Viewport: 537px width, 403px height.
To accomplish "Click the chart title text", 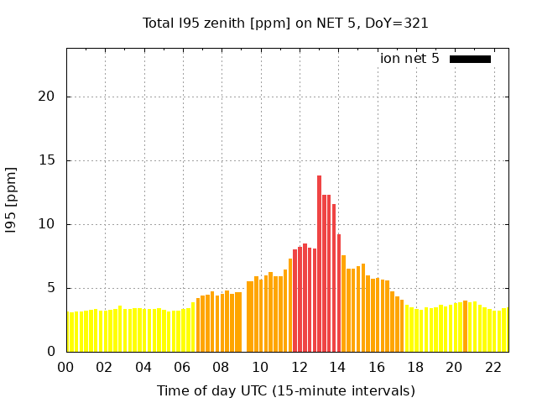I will pos(285,23).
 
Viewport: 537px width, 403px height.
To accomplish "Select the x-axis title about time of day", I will pos(285,390).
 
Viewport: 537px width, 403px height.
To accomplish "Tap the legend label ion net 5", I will pos(409,59).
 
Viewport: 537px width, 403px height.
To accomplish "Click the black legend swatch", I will pos(470,59).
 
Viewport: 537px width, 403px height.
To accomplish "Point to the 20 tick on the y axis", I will pos(46,97).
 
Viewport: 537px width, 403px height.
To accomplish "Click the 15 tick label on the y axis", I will pos(46,160).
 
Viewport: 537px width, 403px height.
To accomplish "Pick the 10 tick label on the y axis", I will pos(46,224).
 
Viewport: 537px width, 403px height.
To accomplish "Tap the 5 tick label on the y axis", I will pos(51,288).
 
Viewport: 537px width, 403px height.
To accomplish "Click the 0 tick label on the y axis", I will pos(51,352).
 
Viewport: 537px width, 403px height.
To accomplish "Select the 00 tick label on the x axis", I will pos(65,367).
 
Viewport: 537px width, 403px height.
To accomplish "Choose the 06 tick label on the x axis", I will pos(182,367).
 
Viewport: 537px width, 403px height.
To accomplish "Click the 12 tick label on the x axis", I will pos(299,367).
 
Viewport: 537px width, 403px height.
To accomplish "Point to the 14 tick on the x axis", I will pos(337,367).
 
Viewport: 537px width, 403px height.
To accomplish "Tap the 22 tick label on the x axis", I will pos(493,367).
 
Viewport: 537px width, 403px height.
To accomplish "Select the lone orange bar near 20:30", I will pos(465,327).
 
